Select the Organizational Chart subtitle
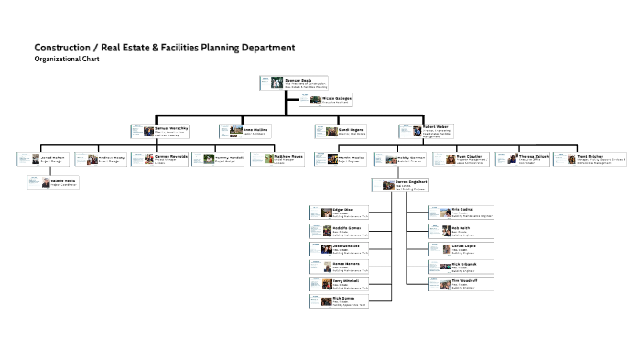[66, 59]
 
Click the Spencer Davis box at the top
[288, 82]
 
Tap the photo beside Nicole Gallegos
[315, 99]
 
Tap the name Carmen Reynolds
[172, 157]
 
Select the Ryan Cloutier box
[473, 159]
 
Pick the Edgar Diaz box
[338, 213]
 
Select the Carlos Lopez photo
[436, 248]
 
